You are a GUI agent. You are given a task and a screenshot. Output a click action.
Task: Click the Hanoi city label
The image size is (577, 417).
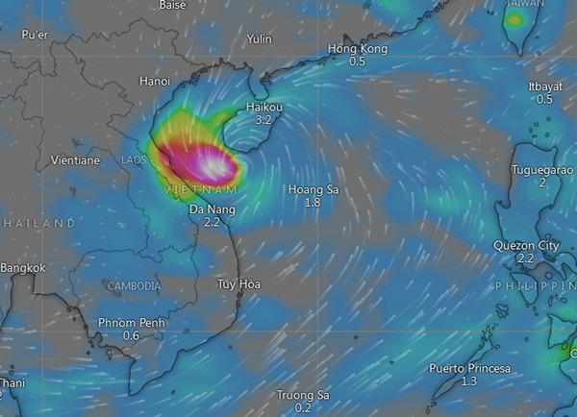click(155, 81)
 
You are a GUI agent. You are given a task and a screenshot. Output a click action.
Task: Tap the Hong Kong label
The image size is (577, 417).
click(357, 49)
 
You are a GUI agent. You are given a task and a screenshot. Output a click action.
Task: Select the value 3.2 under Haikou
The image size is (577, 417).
click(263, 121)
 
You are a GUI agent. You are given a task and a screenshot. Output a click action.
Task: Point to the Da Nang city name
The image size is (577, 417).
click(212, 208)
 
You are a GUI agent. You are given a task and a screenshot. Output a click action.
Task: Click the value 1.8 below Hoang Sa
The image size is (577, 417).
click(313, 203)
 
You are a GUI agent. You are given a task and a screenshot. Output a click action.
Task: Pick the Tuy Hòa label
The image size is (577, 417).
click(238, 283)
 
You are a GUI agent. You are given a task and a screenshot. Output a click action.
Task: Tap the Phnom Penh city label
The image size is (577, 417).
click(132, 323)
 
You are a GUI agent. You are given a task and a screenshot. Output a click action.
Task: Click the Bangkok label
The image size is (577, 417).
click(24, 268)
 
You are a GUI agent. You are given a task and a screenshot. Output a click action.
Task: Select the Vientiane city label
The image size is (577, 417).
click(73, 159)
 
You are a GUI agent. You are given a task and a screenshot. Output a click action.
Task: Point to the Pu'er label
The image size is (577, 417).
click(36, 35)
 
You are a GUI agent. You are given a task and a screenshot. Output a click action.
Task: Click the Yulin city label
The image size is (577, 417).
click(260, 39)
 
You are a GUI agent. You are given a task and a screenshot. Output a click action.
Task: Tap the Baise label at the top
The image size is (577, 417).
click(172, 6)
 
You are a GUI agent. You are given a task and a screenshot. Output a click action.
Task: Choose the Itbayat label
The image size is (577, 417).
click(545, 86)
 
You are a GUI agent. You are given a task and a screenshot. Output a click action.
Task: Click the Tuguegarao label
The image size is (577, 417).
click(543, 169)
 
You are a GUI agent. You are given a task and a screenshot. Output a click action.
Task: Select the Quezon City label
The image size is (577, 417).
click(525, 246)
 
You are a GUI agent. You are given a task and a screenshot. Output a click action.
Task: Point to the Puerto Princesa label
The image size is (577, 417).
click(468, 369)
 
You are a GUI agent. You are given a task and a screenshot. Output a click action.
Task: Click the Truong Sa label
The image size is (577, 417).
click(303, 395)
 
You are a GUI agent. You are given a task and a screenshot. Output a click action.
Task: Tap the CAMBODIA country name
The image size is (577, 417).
click(134, 286)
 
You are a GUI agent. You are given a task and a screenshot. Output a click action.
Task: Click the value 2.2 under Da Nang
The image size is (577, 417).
click(212, 222)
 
